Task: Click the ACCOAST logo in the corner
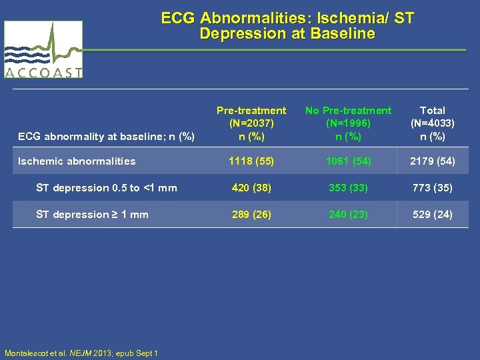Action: (43, 49)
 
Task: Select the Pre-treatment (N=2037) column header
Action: (251, 123)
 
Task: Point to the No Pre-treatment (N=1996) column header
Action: (348, 123)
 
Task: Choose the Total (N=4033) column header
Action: (433, 123)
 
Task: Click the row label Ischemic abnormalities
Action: (77, 161)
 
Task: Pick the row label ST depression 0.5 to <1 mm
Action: (107, 188)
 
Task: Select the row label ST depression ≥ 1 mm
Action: (92, 215)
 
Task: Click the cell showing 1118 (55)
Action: (251, 161)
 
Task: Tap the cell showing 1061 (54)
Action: (348, 161)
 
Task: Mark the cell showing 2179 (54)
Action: (433, 161)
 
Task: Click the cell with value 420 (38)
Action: (251, 188)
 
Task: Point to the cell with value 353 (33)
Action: (348, 188)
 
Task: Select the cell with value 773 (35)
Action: (433, 188)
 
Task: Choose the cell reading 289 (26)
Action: (251, 215)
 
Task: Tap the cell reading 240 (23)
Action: (348, 215)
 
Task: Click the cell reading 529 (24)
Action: (433, 215)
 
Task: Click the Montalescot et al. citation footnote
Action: (81, 353)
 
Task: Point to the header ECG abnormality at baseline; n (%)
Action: (106, 137)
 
